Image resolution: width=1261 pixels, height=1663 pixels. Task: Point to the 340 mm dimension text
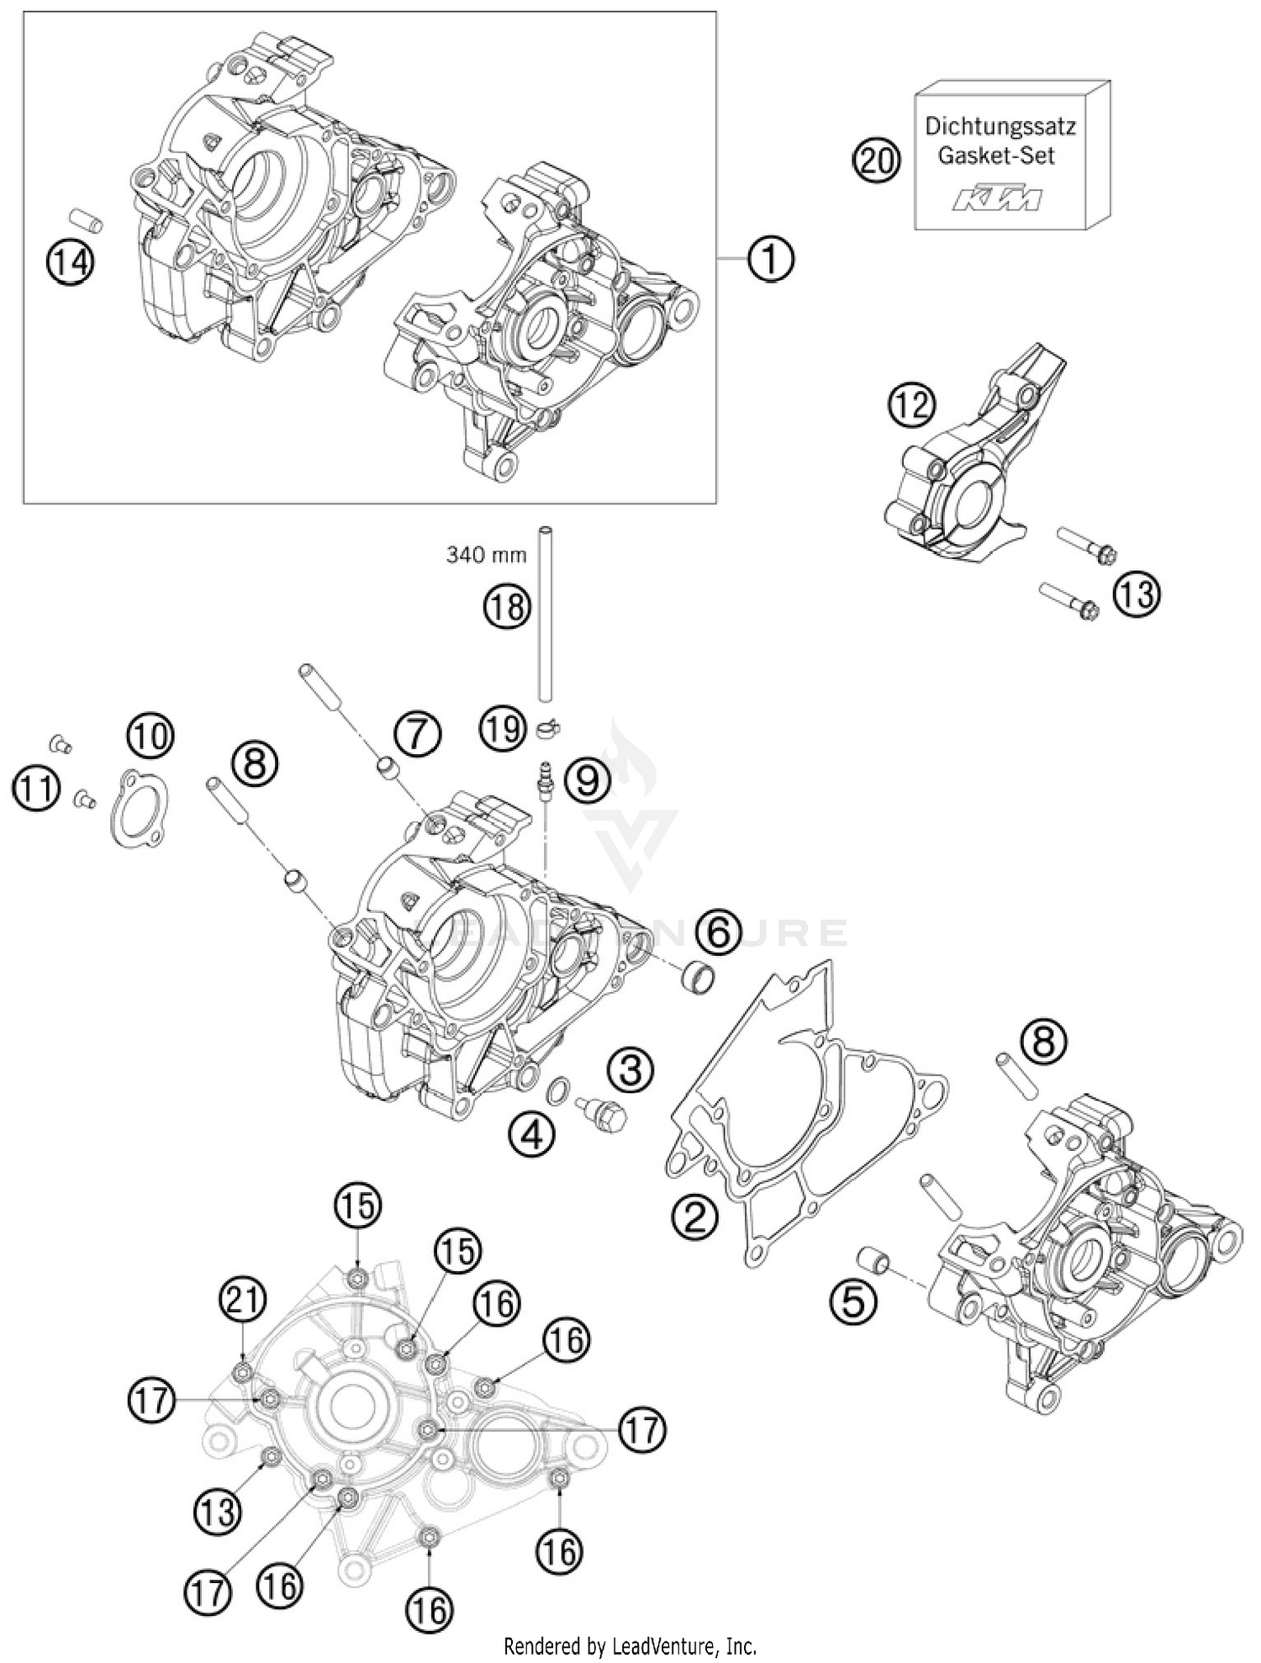point(487,555)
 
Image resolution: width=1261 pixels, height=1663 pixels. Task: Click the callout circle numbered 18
point(507,606)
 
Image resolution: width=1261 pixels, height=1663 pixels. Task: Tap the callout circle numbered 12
point(913,406)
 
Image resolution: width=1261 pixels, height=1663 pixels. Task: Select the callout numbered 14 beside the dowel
point(71,263)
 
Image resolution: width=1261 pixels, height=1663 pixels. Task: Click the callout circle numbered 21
point(242,1301)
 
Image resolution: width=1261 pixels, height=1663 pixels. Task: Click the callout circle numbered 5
point(852,1302)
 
